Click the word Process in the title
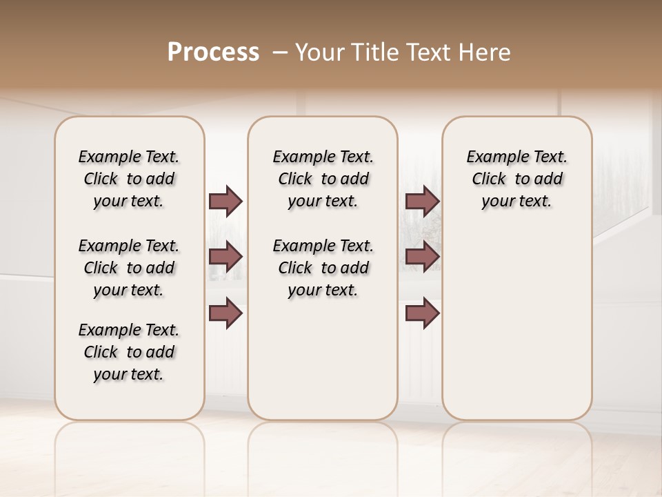click(x=213, y=52)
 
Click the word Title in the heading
click(x=372, y=52)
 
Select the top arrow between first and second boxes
click(x=225, y=201)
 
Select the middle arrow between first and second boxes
click(x=225, y=257)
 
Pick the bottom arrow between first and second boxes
click(x=225, y=313)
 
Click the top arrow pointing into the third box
click(x=422, y=201)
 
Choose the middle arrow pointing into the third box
click(x=422, y=257)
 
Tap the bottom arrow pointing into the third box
click(x=422, y=313)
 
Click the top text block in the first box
click(x=129, y=179)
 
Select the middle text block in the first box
click(x=129, y=268)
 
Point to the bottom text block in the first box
click(x=129, y=352)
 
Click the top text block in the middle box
click(x=323, y=179)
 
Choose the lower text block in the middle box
click(x=323, y=268)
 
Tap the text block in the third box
click(x=517, y=179)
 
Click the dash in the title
click(x=281, y=52)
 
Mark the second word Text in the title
click(x=425, y=52)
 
